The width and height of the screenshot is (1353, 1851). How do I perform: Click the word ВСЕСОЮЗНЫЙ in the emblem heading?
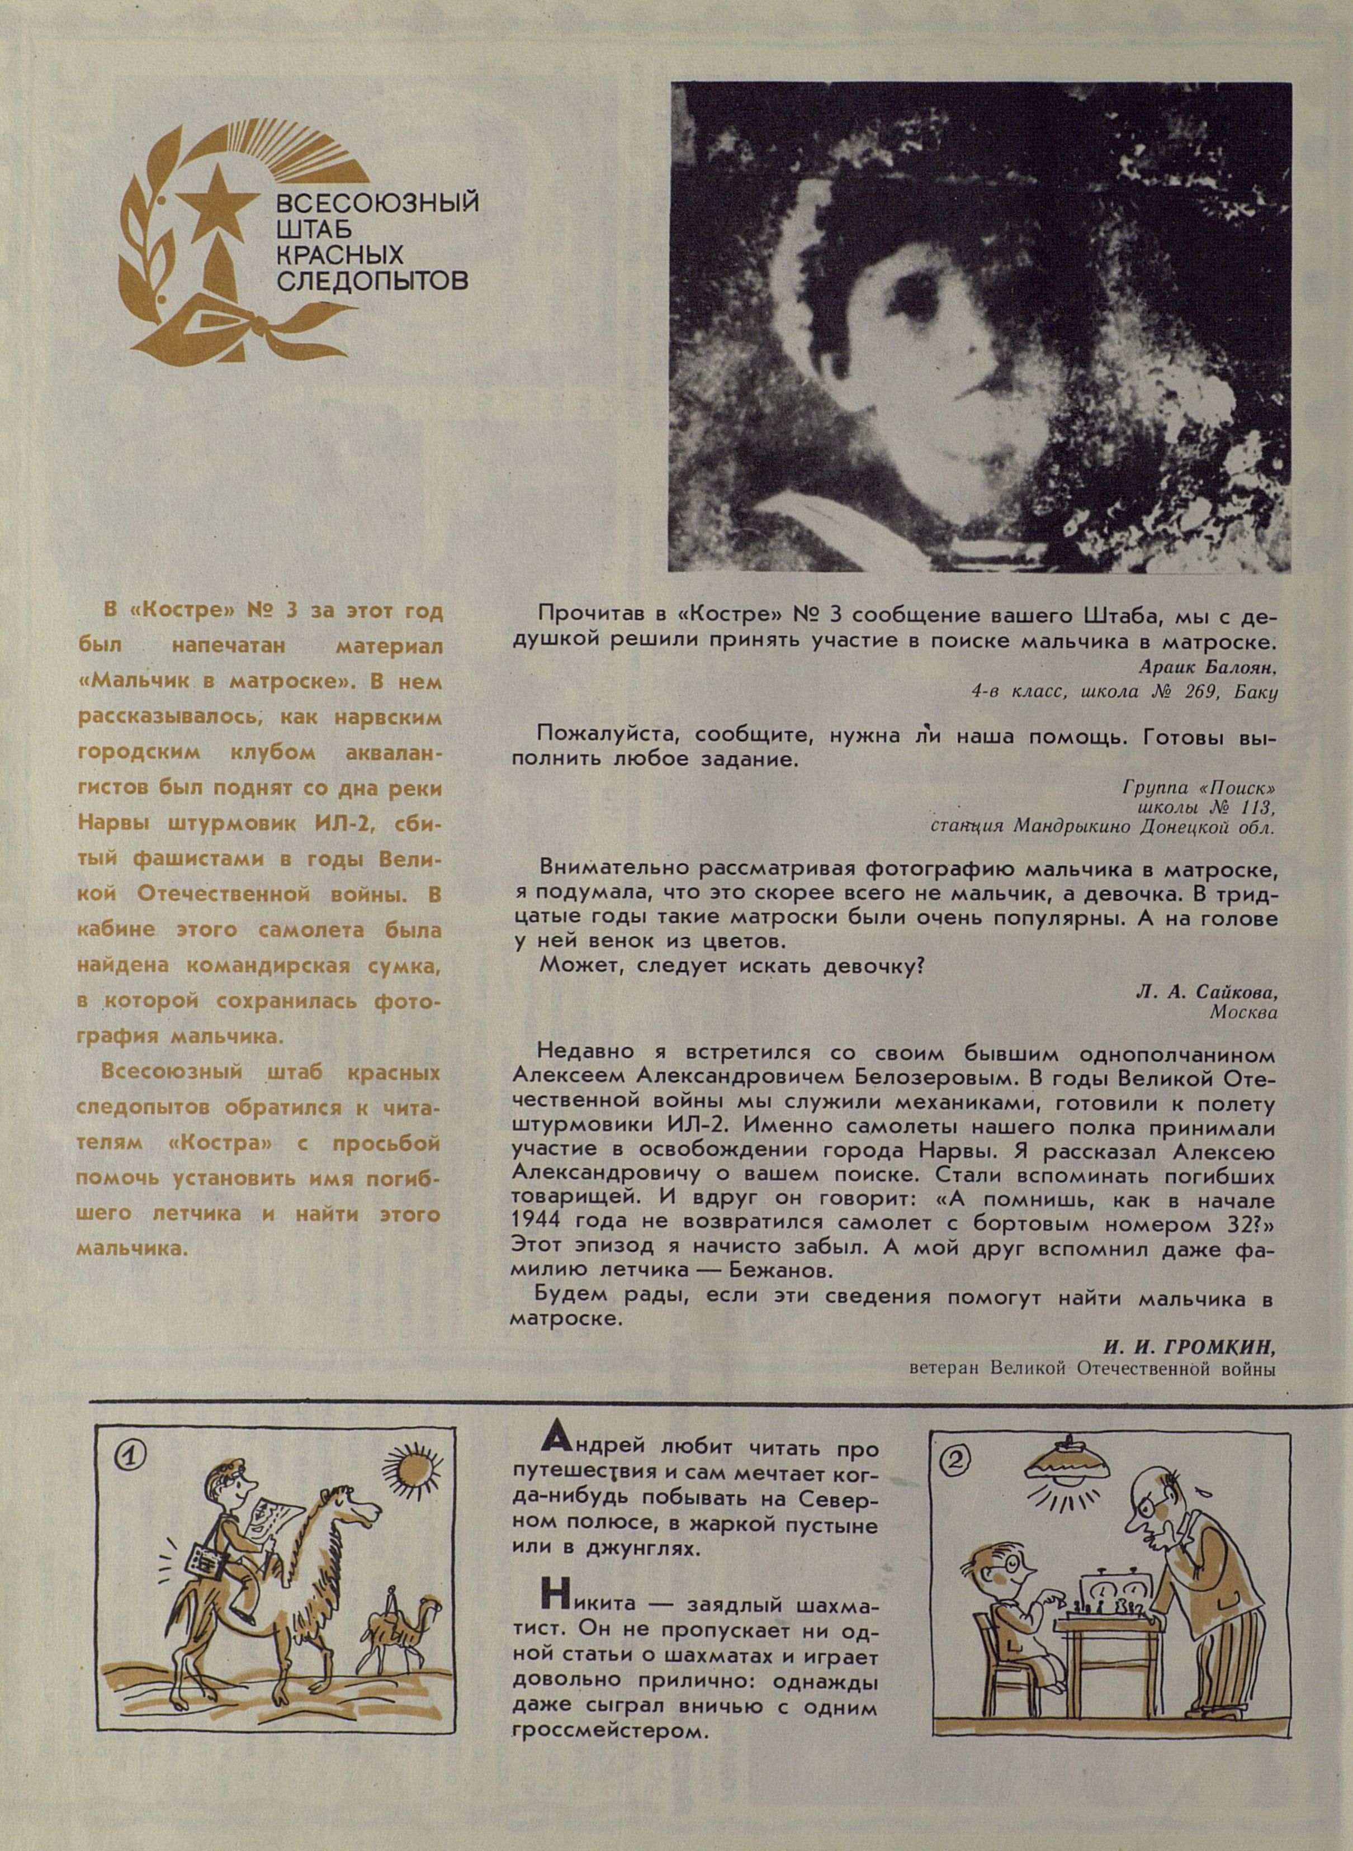pos(377,201)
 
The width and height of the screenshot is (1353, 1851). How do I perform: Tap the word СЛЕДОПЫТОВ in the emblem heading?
pos(373,281)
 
